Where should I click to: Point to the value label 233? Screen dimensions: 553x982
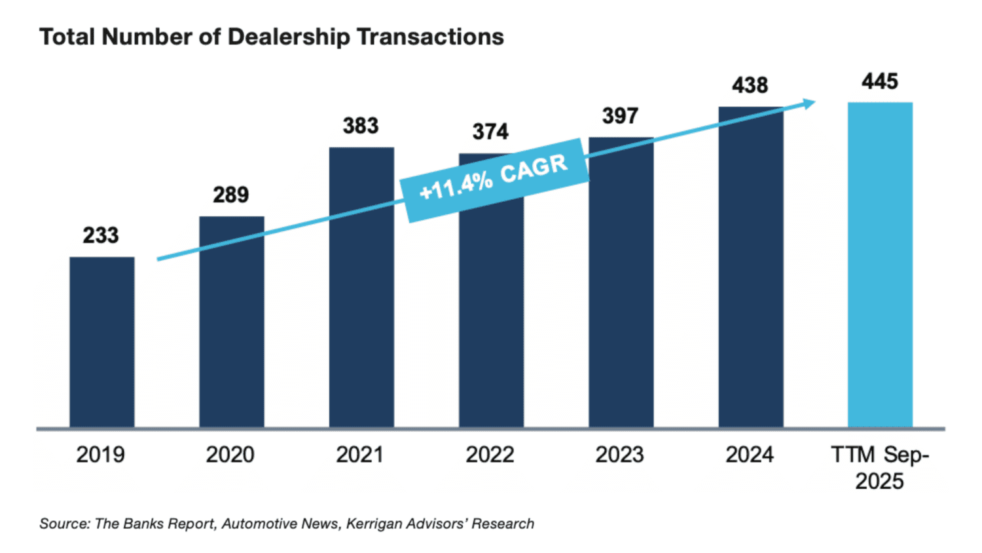[101, 235]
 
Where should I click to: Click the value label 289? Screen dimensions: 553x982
[231, 195]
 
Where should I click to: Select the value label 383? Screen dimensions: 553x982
[361, 126]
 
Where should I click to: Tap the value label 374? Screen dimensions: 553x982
[490, 132]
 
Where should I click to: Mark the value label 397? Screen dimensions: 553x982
[620, 116]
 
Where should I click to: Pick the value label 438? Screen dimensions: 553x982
[750, 85]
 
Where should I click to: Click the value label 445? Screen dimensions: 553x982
[880, 81]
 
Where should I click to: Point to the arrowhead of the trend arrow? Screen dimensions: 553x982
[810, 103]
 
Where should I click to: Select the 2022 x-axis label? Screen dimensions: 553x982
[490, 455]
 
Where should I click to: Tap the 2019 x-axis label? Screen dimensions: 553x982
[100, 455]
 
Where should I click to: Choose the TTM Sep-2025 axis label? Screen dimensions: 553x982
[880, 468]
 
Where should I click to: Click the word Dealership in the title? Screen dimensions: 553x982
[289, 37]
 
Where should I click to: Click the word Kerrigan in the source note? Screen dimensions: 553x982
[371, 524]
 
